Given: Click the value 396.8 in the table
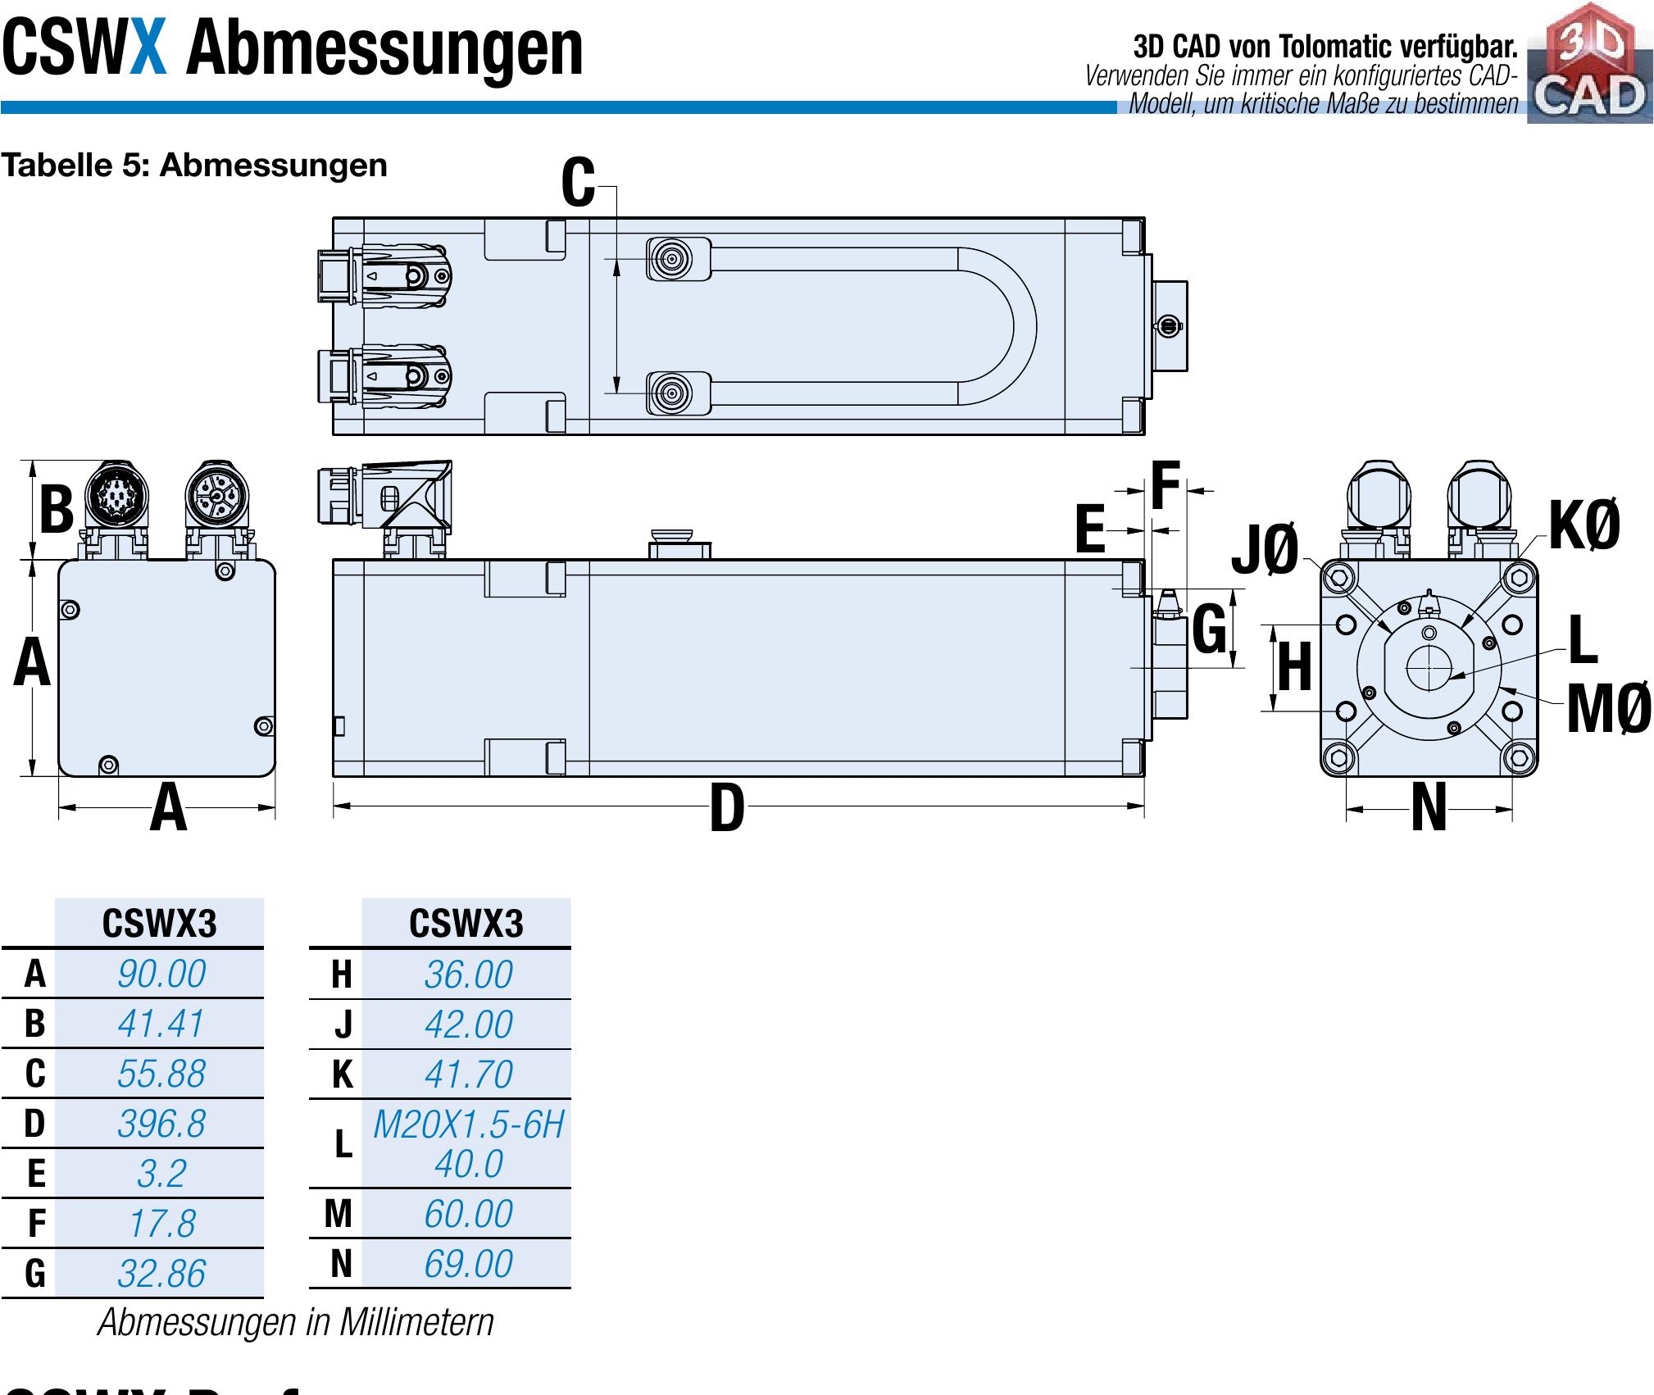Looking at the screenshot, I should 161,1124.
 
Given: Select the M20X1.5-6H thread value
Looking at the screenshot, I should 468,1125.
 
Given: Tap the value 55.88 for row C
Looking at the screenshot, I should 161,1074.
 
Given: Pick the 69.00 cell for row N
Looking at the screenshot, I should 468,1263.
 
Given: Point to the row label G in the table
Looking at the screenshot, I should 34,1274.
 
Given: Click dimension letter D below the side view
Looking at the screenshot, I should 726,809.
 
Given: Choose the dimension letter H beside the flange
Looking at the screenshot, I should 1294,667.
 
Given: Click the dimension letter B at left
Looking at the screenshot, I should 57,509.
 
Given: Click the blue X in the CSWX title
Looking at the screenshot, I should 148,49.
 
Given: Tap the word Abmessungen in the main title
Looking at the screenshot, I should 384,49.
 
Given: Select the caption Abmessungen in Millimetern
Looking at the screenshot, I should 296,1322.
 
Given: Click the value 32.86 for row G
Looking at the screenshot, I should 161,1274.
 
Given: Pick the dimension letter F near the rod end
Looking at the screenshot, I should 1165,486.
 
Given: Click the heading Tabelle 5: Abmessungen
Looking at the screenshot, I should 194,166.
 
